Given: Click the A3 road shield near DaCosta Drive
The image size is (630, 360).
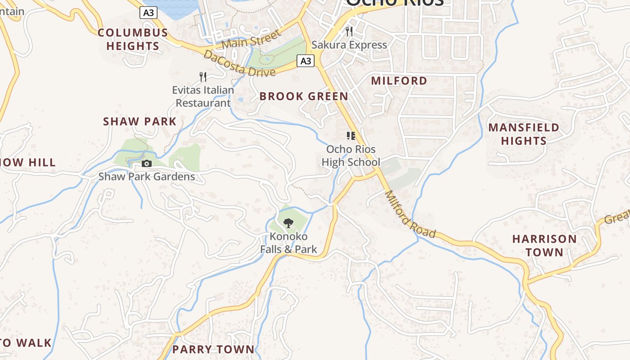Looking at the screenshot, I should coord(306,61).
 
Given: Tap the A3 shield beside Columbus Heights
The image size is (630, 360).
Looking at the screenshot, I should coord(148,13).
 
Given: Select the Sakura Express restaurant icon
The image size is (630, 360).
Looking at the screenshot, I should coord(349,31).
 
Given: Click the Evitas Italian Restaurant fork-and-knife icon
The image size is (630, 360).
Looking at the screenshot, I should coord(203,77).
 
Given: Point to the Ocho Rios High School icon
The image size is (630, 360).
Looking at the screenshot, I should coord(351,136).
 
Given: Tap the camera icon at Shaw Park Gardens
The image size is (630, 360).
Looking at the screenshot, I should coord(147,163).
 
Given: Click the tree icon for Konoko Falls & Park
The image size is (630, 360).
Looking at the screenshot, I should coord(288,222).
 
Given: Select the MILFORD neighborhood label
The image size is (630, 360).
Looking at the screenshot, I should coord(399,81).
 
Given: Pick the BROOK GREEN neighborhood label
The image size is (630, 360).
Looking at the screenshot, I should coord(304,96).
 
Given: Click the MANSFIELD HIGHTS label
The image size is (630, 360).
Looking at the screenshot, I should coord(524,134).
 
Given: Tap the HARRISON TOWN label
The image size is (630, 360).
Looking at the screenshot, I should coord(544,245).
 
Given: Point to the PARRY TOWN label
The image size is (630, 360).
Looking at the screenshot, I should coord(213,349).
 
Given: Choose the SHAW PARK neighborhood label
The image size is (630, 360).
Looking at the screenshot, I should coord(140,121).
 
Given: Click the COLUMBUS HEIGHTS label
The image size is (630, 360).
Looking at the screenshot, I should coord(133,39).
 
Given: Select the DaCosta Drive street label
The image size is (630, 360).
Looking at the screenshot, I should coord(239,64).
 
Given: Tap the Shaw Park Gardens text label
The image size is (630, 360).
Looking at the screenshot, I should coord(147,176).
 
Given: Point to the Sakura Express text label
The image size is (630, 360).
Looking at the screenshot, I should coord(349,45).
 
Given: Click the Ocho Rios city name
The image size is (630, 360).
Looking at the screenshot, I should coord(395,2).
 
